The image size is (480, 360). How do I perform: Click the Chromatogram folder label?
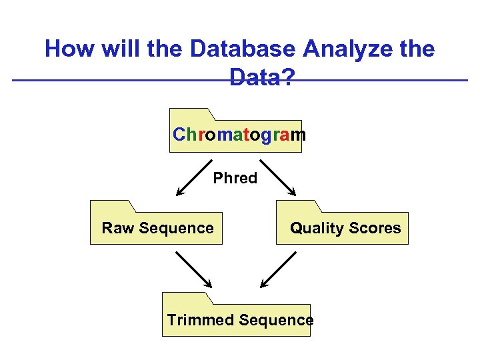239,135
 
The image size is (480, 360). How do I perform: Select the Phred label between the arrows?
235,178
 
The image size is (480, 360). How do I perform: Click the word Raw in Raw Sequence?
117,228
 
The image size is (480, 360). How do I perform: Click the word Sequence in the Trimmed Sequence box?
276,320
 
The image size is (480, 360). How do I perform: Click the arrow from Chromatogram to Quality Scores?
279,179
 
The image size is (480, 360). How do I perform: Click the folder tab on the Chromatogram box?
191,113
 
